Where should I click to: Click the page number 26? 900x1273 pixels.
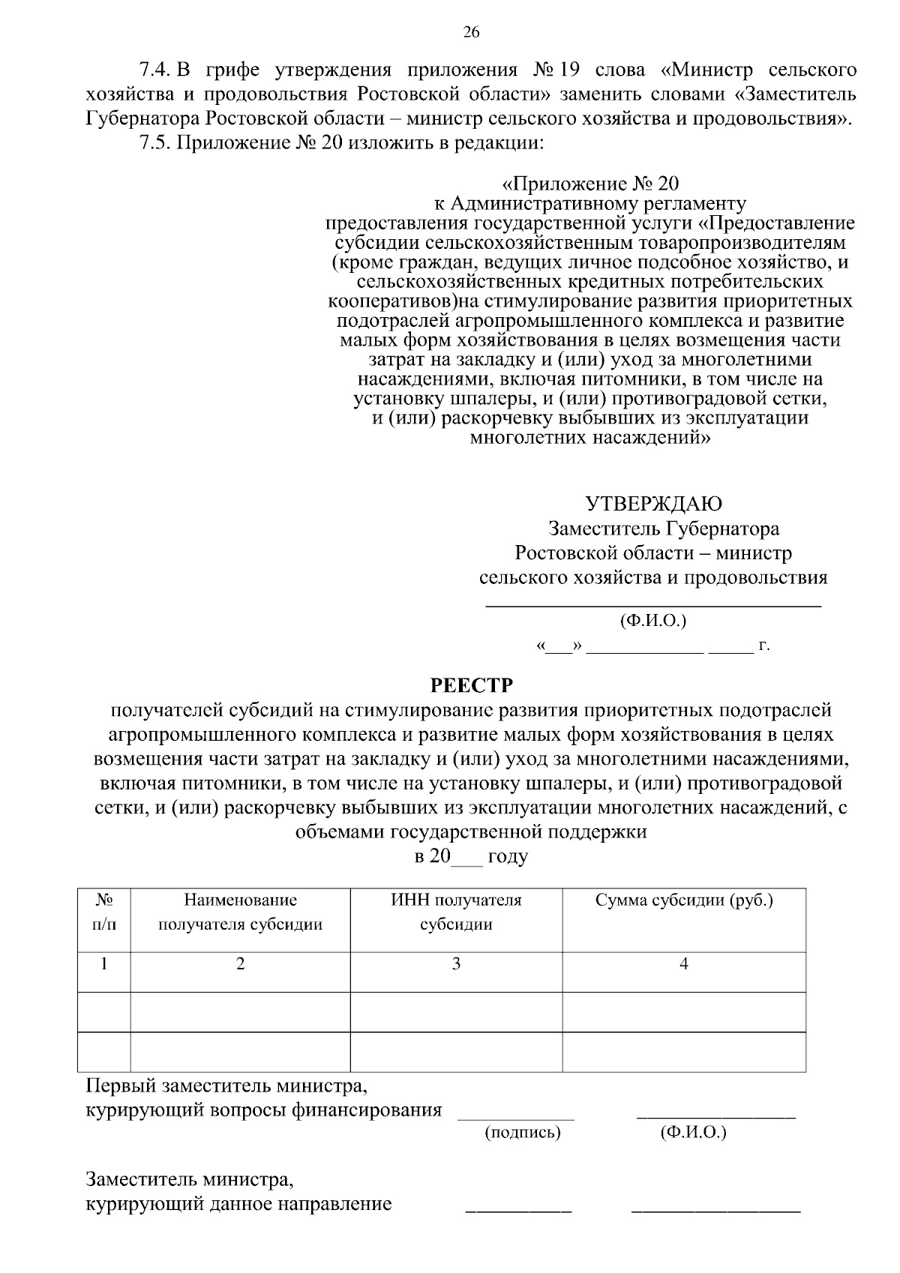coord(471,31)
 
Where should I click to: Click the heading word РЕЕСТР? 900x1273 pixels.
coord(470,685)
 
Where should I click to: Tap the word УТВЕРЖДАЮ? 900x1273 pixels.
coord(653,503)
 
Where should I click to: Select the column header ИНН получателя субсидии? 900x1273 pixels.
coord(456,912)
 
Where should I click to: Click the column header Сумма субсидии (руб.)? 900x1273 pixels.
coord(684,900)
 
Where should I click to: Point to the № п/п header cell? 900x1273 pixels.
coord(104,912)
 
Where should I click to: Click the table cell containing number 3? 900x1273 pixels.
coord(456,964)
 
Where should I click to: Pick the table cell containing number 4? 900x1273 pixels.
coord(684,964)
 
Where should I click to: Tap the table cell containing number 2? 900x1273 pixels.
coord(240,964)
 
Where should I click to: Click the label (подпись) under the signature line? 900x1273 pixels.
coord(523,1132)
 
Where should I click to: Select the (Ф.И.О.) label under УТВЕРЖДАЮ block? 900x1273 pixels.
coord(652,621)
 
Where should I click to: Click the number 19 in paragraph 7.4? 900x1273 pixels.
coord(569,70)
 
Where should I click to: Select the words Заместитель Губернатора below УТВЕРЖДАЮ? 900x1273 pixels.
coord(664,529)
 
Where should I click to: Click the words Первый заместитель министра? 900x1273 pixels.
coord(227,1085)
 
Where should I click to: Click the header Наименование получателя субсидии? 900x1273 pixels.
coord(240,912)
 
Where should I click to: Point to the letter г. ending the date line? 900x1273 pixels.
coord(764,645)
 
